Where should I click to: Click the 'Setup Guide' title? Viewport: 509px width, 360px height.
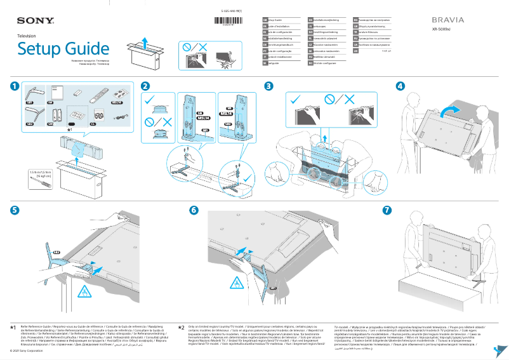pyautogui.click(x=63, y=49)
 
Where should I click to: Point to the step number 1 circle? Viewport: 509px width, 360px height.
pyautogui.click(x=15, y=86)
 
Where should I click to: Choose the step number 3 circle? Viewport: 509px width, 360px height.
pyautogui.click(x=269, y=86)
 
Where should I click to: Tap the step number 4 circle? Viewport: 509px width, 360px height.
pyautogui.click(x=400, y=86)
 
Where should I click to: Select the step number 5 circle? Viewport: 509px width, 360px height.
pyautogui.click(x=15, y=211)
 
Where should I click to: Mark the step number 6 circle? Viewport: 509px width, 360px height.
pyautogui.click(x=194, y=211)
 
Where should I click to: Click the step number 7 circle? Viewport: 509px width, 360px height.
pyautogui.click(x=387, y=211)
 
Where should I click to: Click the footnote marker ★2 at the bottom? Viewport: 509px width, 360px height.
pyautogui.click(x=182, y=328)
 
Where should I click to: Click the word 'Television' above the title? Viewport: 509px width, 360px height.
pyautogui.click(x=27, y=37)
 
